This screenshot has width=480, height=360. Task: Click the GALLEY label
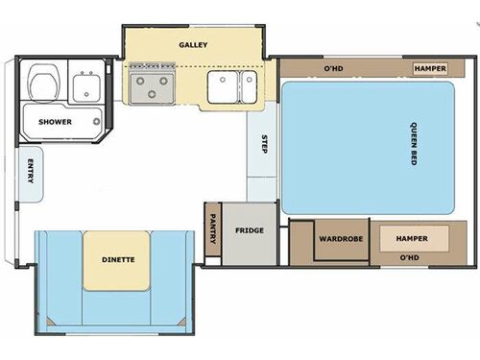click(193, 44)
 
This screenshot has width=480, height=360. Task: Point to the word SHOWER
click(56, 122)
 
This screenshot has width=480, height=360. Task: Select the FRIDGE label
click(249, 230)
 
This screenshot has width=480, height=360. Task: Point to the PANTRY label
click(212, 230)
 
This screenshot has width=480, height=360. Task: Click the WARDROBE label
click(340, 237)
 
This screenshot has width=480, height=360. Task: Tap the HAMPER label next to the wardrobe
click(413, 236)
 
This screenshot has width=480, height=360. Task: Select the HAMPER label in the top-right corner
click(428, 69)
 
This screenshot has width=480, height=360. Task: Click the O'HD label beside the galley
click(333, 69)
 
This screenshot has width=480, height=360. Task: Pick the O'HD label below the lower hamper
click(410, 257)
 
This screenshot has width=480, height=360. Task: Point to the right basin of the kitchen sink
click(248, 84)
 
